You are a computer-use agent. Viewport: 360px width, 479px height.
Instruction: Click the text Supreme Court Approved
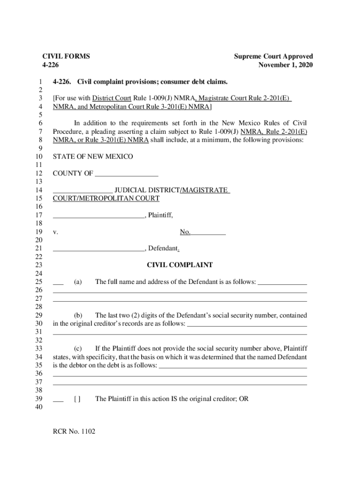click(274, 56)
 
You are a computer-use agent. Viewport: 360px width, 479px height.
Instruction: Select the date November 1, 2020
click(286, 65)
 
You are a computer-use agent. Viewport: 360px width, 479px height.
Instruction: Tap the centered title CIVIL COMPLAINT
click(180, 265)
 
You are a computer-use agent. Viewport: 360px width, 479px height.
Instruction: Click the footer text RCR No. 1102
click(74, 431)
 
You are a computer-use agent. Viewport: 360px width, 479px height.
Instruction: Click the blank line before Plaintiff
click(99, 216)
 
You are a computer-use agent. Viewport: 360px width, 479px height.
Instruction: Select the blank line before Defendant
click(99, 249)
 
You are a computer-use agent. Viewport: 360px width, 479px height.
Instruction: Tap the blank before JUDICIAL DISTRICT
click(82, 191)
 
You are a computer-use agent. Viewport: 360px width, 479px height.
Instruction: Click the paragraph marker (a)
click(78, 282)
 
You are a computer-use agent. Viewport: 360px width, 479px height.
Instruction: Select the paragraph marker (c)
click(78, 348)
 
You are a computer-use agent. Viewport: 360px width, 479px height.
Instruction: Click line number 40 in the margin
click(39, 407)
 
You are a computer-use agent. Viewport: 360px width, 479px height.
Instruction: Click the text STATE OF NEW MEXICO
click(93, 156)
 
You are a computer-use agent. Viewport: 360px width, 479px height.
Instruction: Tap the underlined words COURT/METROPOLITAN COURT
click(106, 198)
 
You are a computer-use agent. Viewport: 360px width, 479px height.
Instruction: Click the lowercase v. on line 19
click(55, 232)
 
